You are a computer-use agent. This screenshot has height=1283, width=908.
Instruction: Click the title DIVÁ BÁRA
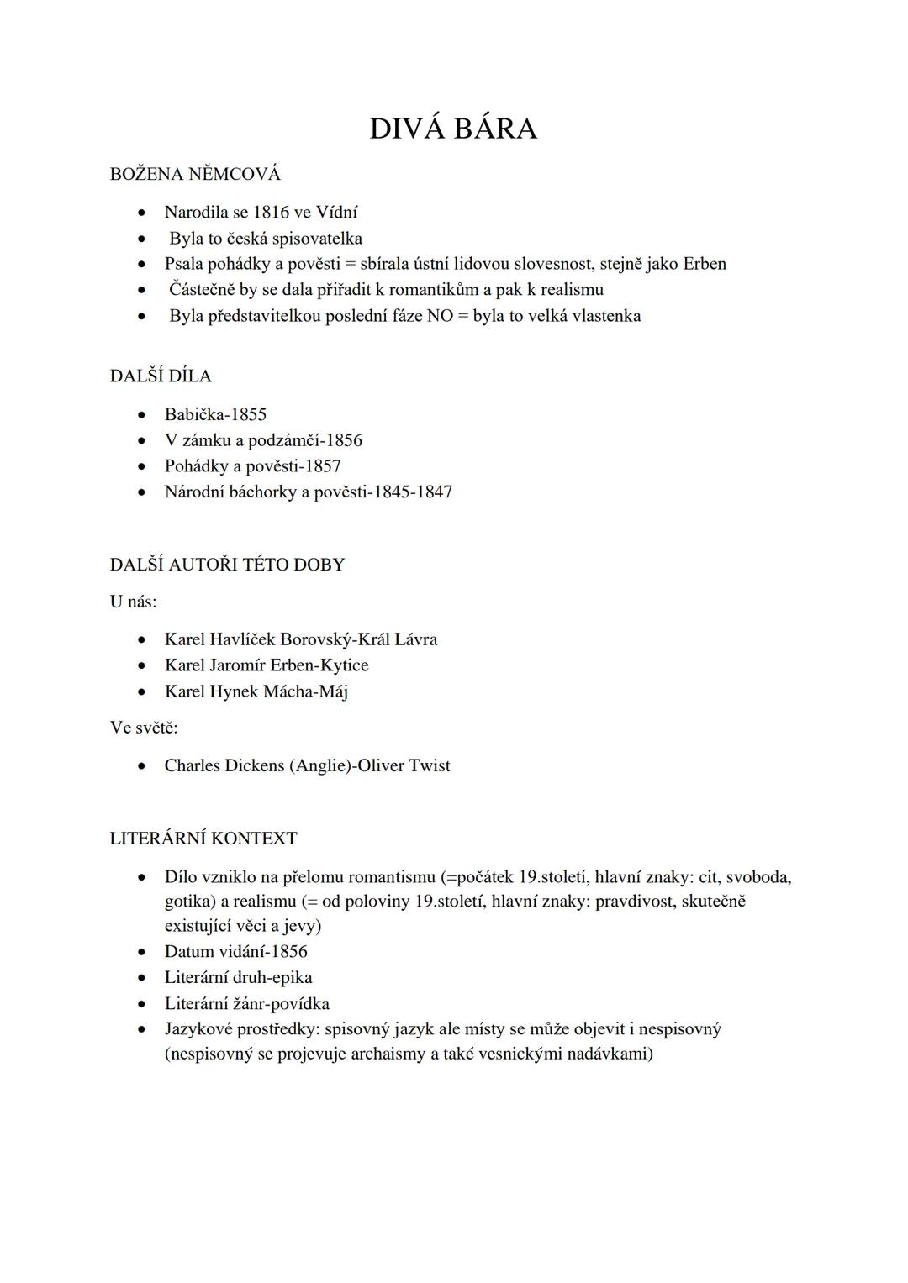point(452,129)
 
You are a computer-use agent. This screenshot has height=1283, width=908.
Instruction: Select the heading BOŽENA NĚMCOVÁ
point(195,174)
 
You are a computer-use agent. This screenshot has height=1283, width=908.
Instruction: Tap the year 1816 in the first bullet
point(271,213)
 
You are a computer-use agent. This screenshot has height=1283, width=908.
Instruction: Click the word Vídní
point(336,213)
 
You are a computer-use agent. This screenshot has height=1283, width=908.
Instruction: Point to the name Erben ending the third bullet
point(704,264)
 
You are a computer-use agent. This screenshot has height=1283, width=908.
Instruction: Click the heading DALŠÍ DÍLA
point(161,376)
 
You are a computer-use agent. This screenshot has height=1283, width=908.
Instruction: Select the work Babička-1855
point(215,414)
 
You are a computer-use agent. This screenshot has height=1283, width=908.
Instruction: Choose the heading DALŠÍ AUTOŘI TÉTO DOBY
point(227,564)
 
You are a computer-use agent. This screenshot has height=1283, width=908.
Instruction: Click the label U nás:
point(133,602)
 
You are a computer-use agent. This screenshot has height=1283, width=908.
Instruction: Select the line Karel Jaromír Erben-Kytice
point(267,665)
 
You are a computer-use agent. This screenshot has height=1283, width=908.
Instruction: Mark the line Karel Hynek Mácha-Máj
point(256,691)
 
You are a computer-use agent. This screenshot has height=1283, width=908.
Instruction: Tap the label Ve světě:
point(144,728)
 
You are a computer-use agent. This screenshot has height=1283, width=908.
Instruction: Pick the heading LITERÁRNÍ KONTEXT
point(203,839)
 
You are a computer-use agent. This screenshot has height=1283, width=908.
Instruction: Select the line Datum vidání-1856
point(236,951)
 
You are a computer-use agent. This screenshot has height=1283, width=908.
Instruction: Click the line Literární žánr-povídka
point(247,1003)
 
